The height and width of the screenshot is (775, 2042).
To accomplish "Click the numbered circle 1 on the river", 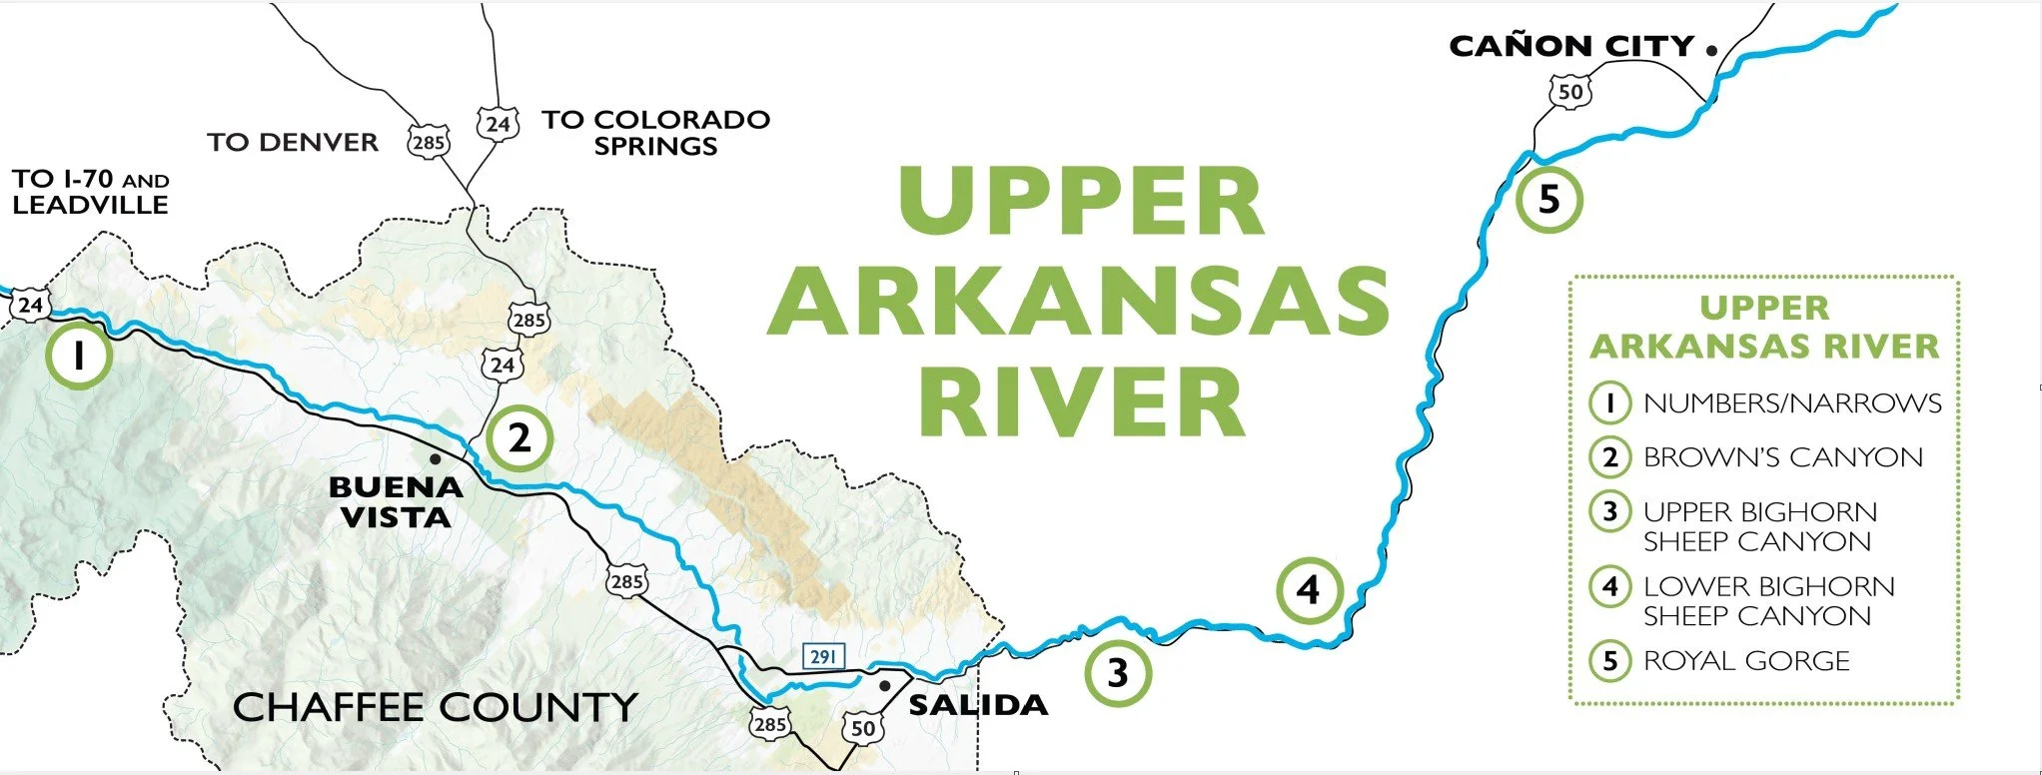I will (79, 354).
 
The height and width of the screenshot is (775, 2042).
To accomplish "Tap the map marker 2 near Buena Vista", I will (519, 438).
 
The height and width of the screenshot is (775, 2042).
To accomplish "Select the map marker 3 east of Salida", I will (1118, 673).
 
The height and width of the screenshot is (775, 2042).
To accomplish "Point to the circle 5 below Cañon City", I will (1548, 199).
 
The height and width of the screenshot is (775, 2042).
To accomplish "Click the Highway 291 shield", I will (823, 656).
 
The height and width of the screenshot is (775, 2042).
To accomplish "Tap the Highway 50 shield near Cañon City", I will (1570, 93).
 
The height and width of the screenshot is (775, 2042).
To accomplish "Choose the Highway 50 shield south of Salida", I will (863, 728).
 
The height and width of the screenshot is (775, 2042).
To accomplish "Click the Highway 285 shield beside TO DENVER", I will (428, 142).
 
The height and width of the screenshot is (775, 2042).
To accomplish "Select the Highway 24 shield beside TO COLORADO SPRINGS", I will (498, 124).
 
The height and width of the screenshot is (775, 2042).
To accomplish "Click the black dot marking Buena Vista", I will (435, 459).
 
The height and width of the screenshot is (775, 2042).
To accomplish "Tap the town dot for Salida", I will (885, 686).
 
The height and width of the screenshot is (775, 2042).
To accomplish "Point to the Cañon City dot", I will (1711, 49).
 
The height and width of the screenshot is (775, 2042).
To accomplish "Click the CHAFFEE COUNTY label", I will (435, 707).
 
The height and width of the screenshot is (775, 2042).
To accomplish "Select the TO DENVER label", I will (293, 143).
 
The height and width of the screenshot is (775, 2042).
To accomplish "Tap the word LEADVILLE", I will (90, 205).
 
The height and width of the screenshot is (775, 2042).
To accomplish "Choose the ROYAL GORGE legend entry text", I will (1746, 660).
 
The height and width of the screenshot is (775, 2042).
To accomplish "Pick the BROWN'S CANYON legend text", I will (1782, 456).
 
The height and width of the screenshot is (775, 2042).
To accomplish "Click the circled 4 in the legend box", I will (1609, 586).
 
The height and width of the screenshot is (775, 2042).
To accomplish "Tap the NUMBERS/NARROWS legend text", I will (1792, 402).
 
